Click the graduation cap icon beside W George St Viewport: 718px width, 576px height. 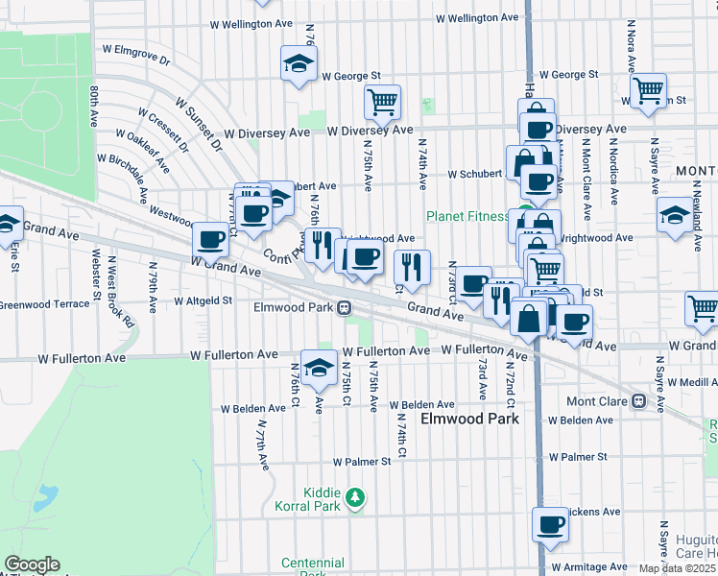coord(299,64)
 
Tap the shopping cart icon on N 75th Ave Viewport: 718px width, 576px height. coord(382,102)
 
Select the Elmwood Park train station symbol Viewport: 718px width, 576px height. coord(343,308)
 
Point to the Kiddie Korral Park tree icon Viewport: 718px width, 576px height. coord(355,496)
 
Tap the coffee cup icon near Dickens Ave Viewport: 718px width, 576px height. coord(551,525)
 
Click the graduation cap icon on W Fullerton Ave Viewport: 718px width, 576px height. coord(318,368)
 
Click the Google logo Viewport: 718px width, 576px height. coord(32,564)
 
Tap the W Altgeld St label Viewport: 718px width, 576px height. coord(203,300)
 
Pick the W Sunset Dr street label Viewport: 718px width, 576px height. coord(198,123)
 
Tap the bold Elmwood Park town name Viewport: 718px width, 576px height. coord(469,420)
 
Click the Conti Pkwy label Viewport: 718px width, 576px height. coord(283,252)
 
